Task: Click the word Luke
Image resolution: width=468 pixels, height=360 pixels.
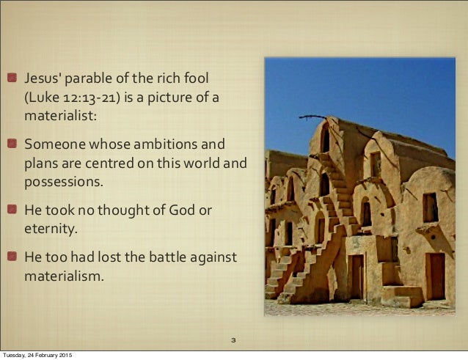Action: coord(43,97)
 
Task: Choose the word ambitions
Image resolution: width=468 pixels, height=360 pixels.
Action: coord(163,143)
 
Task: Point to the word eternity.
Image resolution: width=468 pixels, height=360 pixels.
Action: coord(50,229)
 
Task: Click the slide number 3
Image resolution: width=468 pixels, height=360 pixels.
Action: coord(233,341)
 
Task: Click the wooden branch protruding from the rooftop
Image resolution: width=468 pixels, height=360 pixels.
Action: coord(312,117)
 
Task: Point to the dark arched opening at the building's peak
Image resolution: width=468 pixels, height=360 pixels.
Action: coord(324,139)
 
